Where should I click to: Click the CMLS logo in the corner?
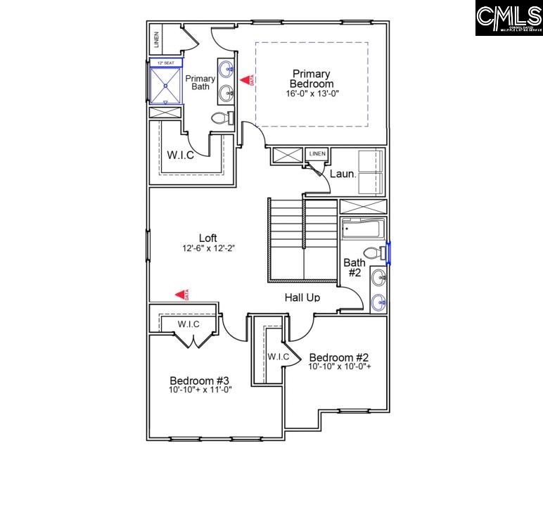[x=508, y=18]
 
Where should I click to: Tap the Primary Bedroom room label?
[x=311, y=78]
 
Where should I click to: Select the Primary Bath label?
[x=200, y=82]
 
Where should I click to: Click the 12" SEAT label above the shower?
[x=166, y=63]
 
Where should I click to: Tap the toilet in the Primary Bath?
[x=222, y=118]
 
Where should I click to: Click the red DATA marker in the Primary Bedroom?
[x=246, y=81]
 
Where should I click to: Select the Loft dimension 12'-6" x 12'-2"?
[x=207, y=248]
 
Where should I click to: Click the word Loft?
[x=207, y=238]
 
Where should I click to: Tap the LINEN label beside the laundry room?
[x=317, y=153]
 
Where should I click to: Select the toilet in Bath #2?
[x=373, y=253]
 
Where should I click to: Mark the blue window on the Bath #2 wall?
[x=389, y=252]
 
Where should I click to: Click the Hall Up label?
[x=302, y=298]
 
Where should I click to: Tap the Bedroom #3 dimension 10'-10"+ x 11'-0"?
[x=200, y=389]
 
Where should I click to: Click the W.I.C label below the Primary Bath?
[x=180, y=155]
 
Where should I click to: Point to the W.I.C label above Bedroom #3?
[x=188, y=324]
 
